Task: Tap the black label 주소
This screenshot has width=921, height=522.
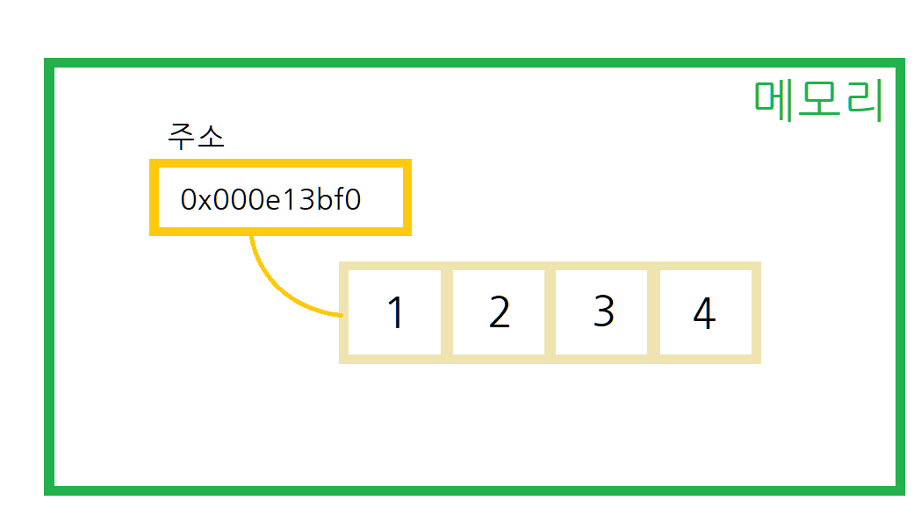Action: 196,136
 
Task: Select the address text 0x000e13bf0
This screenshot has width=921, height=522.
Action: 270,199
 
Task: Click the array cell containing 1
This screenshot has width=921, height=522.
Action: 395,312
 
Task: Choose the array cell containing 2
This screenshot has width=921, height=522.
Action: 499,312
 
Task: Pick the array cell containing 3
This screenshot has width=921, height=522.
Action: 603,312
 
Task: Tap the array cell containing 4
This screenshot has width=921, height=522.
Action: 704,312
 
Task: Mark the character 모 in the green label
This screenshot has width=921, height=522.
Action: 818,101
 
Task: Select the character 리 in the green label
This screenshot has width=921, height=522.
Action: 862,101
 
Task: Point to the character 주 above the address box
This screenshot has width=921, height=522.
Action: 182,136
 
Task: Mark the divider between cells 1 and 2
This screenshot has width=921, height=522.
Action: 447,312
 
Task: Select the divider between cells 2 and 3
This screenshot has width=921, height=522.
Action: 550,312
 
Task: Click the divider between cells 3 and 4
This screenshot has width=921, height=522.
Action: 653,312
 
